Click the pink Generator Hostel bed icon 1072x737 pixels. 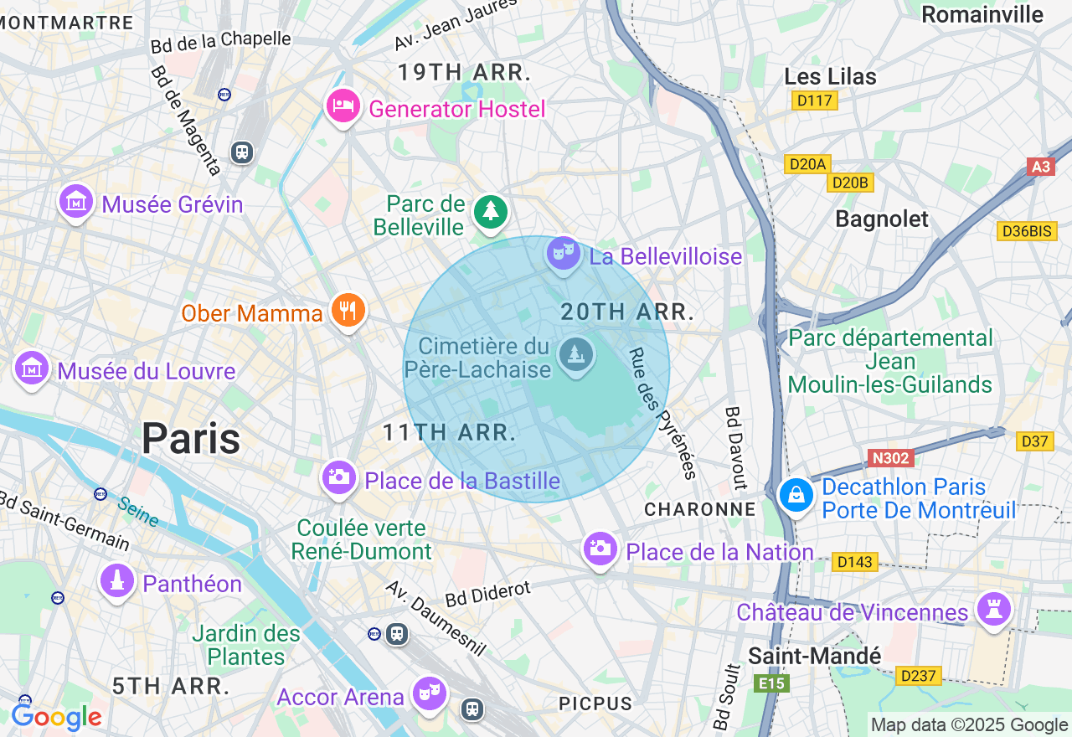tap(343, 106)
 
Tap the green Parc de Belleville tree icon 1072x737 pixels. tap(490, 212)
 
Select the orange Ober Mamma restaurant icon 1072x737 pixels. tap(347, 311)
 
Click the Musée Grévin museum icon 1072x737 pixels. tap(76, 201)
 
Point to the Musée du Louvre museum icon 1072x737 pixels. tap(32, 368)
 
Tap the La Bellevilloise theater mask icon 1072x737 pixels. tap(564, 252)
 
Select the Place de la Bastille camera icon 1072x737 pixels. tap(339, 477)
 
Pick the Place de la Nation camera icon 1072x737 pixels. tap(600, 549)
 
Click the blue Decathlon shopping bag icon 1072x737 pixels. tap(796, 495)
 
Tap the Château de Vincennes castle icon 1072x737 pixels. tap(994, 609)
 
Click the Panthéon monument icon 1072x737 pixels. tap(117, 580)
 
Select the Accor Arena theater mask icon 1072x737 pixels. tap(429, 693)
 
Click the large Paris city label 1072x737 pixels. tap(191, 439)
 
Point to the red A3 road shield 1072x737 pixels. tap(1040, 167)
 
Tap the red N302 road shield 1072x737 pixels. tap(890, 458)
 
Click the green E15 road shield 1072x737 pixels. tap(770, 684)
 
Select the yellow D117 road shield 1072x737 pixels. tap(814, 100)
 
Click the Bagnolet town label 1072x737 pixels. tap(882, 219)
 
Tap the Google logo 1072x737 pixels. tap(56, 718)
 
